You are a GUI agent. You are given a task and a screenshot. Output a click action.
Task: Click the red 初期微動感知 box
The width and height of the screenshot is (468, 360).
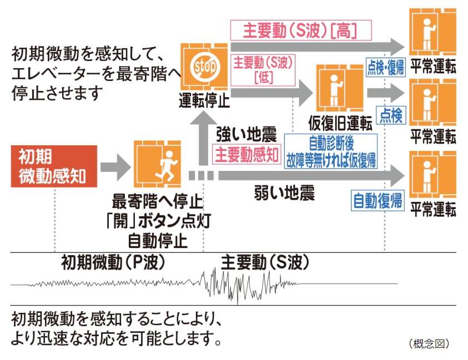point(54,166)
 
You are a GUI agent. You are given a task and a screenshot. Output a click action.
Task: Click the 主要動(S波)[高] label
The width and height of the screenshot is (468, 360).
point(300,29)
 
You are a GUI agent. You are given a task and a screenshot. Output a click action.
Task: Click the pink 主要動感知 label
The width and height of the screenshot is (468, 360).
point(246,155)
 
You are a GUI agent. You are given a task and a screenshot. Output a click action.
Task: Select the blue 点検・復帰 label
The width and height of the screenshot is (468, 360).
point(385,67)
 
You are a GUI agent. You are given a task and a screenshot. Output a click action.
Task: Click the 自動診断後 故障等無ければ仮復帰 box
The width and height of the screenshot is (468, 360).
point(331,150)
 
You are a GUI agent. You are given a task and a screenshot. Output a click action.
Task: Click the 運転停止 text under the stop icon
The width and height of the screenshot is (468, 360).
point(204,102)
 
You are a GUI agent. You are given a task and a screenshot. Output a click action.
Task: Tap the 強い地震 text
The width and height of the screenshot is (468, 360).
point(245,134)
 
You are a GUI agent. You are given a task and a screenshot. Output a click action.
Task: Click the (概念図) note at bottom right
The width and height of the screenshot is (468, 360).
point(428,344)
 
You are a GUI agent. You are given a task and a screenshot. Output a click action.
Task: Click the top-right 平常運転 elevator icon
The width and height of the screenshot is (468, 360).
point(432,33)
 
